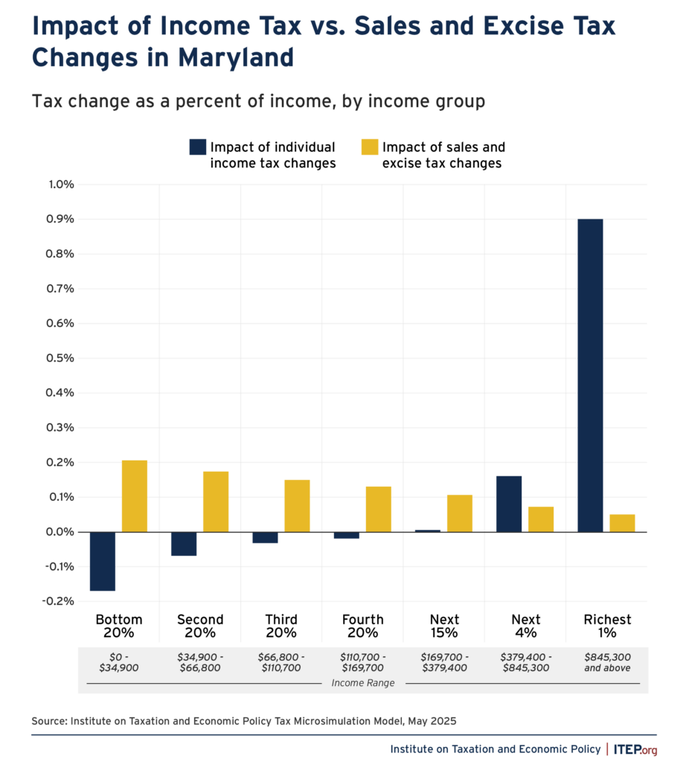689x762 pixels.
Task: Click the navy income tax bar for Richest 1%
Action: (x=590, y=375)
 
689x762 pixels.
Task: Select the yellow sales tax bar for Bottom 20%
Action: (x=135, y=496)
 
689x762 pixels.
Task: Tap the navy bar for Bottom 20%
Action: (x=102, y=561)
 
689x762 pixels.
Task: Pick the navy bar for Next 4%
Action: (x=509, y=504)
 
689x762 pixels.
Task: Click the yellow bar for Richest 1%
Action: (x=622, y=523)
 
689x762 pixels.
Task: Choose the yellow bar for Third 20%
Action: (x=297, y=506)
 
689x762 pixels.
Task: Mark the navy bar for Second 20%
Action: (x=184, y=544)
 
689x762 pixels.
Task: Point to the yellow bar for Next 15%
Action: (x=460, y=513)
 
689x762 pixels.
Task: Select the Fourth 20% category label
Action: (x=363, y=626)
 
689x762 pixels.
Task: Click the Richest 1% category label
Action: (x=607, y=626)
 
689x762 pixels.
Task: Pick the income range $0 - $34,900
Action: (x=119, y=662)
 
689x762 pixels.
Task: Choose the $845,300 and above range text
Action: (x=607, y=662)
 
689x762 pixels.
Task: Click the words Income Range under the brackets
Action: (x=363, y=683)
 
